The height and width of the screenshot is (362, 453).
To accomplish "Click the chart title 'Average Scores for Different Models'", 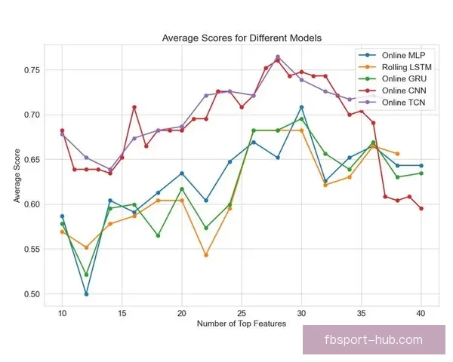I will (242, 38).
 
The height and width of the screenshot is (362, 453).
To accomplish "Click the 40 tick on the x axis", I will (421, 312).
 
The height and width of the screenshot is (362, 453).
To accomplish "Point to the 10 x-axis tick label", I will (62, 312).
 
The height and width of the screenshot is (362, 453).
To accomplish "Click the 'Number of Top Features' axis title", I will (242, 324).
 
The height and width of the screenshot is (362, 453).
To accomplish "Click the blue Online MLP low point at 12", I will (86, 294).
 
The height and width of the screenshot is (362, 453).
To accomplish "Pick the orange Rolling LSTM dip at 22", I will (206, 255).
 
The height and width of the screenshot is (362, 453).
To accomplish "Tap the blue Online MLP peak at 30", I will (301, 107).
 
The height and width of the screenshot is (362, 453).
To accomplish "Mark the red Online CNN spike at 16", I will (134, 107).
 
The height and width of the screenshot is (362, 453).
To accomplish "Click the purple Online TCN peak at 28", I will (278, 57).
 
